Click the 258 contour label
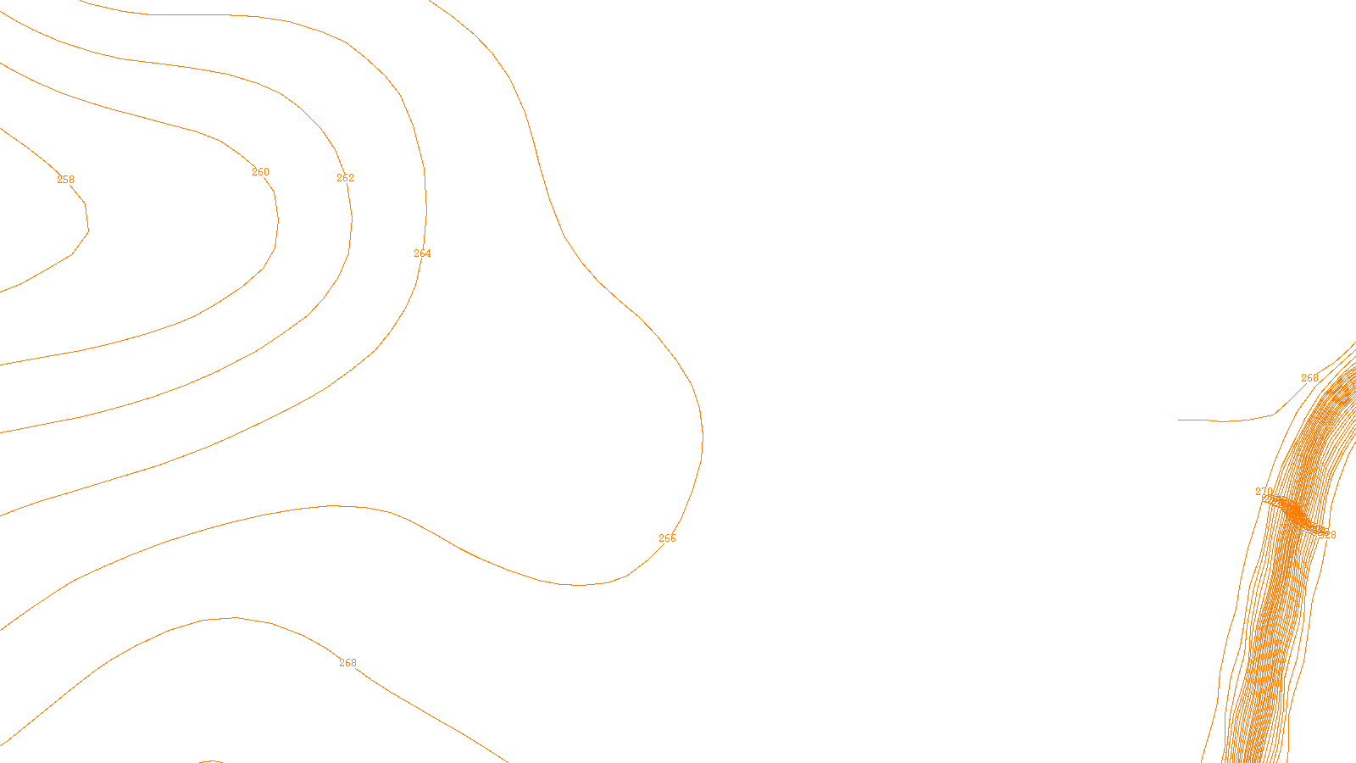pyautogui.click(x=65, y=180)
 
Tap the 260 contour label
pyautogui.click(x=260, y=172)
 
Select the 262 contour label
pyautogui.click(x=345, y=178)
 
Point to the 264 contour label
pyautogui.click(x=422, y=253)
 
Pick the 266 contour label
pyautogui.click(x=667, y=538)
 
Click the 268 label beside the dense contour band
pyautogui.click(x=1309, y=378)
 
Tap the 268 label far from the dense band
pyautogui.click(x=347, y=663)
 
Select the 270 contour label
pyautogui.click(x=1263, y=492)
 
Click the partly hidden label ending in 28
pyautogui.click(x=1328, y=535)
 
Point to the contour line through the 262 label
pyautogui.click(x=351, y=220)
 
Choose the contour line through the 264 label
pyautogui.click(x=425, y=203)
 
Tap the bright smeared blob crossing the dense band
pyautogui.click(x=1293, y=513)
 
